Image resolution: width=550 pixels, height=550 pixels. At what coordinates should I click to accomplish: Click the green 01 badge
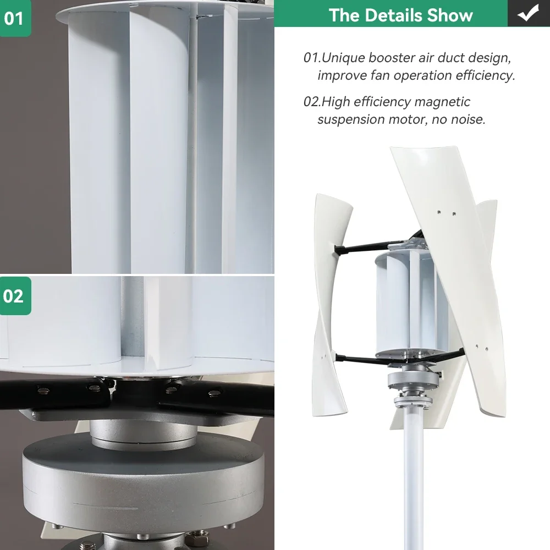[x=15, y=18]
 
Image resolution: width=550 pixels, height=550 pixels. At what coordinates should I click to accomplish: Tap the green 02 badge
[x=15, y=296]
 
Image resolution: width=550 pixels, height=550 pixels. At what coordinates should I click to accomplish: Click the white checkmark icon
[x=528, y=13]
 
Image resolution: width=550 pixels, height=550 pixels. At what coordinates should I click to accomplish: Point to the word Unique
[x=343, y=58]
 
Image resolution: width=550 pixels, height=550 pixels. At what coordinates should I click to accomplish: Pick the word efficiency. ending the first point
[x=486, y=75]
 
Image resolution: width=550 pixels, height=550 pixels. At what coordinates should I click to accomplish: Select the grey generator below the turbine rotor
[x=414, y=380]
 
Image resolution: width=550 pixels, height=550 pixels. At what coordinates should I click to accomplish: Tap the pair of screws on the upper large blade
[x=446, y=212]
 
